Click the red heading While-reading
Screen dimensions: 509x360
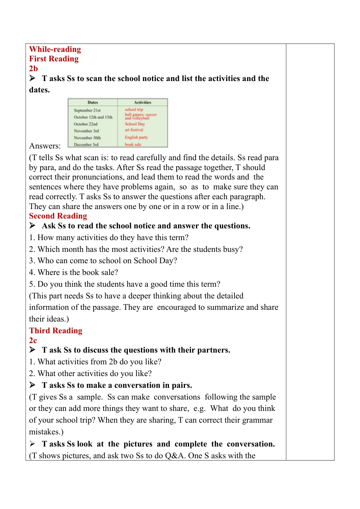(55, 49)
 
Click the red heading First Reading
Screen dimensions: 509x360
(54, 59)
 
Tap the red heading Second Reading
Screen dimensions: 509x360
(58, 216)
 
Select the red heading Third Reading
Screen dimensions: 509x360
(56, 331)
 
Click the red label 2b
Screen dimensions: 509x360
(33, 69)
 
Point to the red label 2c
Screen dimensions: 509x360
(33, 340)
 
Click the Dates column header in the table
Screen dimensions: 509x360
(93, 102)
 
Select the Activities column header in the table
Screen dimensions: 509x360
(142, 102)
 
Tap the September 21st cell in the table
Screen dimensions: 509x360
(87, 110)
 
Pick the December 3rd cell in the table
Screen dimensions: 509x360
(86, 145)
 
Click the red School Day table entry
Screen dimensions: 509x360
(135, 124)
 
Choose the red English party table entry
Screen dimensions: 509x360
(136, 137)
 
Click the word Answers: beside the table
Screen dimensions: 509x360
(45, 146)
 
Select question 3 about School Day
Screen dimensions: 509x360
(103, 261)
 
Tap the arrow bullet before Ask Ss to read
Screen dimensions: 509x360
(33, 226)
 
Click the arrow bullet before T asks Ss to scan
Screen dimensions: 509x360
(33, 78)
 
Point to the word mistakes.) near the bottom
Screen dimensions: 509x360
(46, 432)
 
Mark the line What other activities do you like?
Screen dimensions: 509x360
(91, 373)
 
